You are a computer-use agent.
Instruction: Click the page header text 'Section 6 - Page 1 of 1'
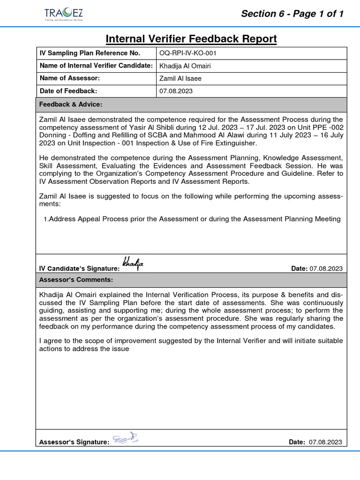pos(292,14)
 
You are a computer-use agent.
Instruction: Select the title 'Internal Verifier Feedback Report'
pos(191,39)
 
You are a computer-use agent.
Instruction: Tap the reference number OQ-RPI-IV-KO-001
pos(187,53)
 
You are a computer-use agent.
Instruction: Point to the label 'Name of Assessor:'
pos(70,78)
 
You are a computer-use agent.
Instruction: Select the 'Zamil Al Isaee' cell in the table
pos(180,78)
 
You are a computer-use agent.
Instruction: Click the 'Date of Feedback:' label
pos(68,91)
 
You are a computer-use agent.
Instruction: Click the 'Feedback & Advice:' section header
pos(70,104)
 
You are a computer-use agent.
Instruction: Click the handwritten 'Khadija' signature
pos(133,263)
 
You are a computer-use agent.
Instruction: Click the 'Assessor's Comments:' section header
pos(76,280)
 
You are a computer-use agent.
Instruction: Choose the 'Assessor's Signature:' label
pos(74,442)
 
